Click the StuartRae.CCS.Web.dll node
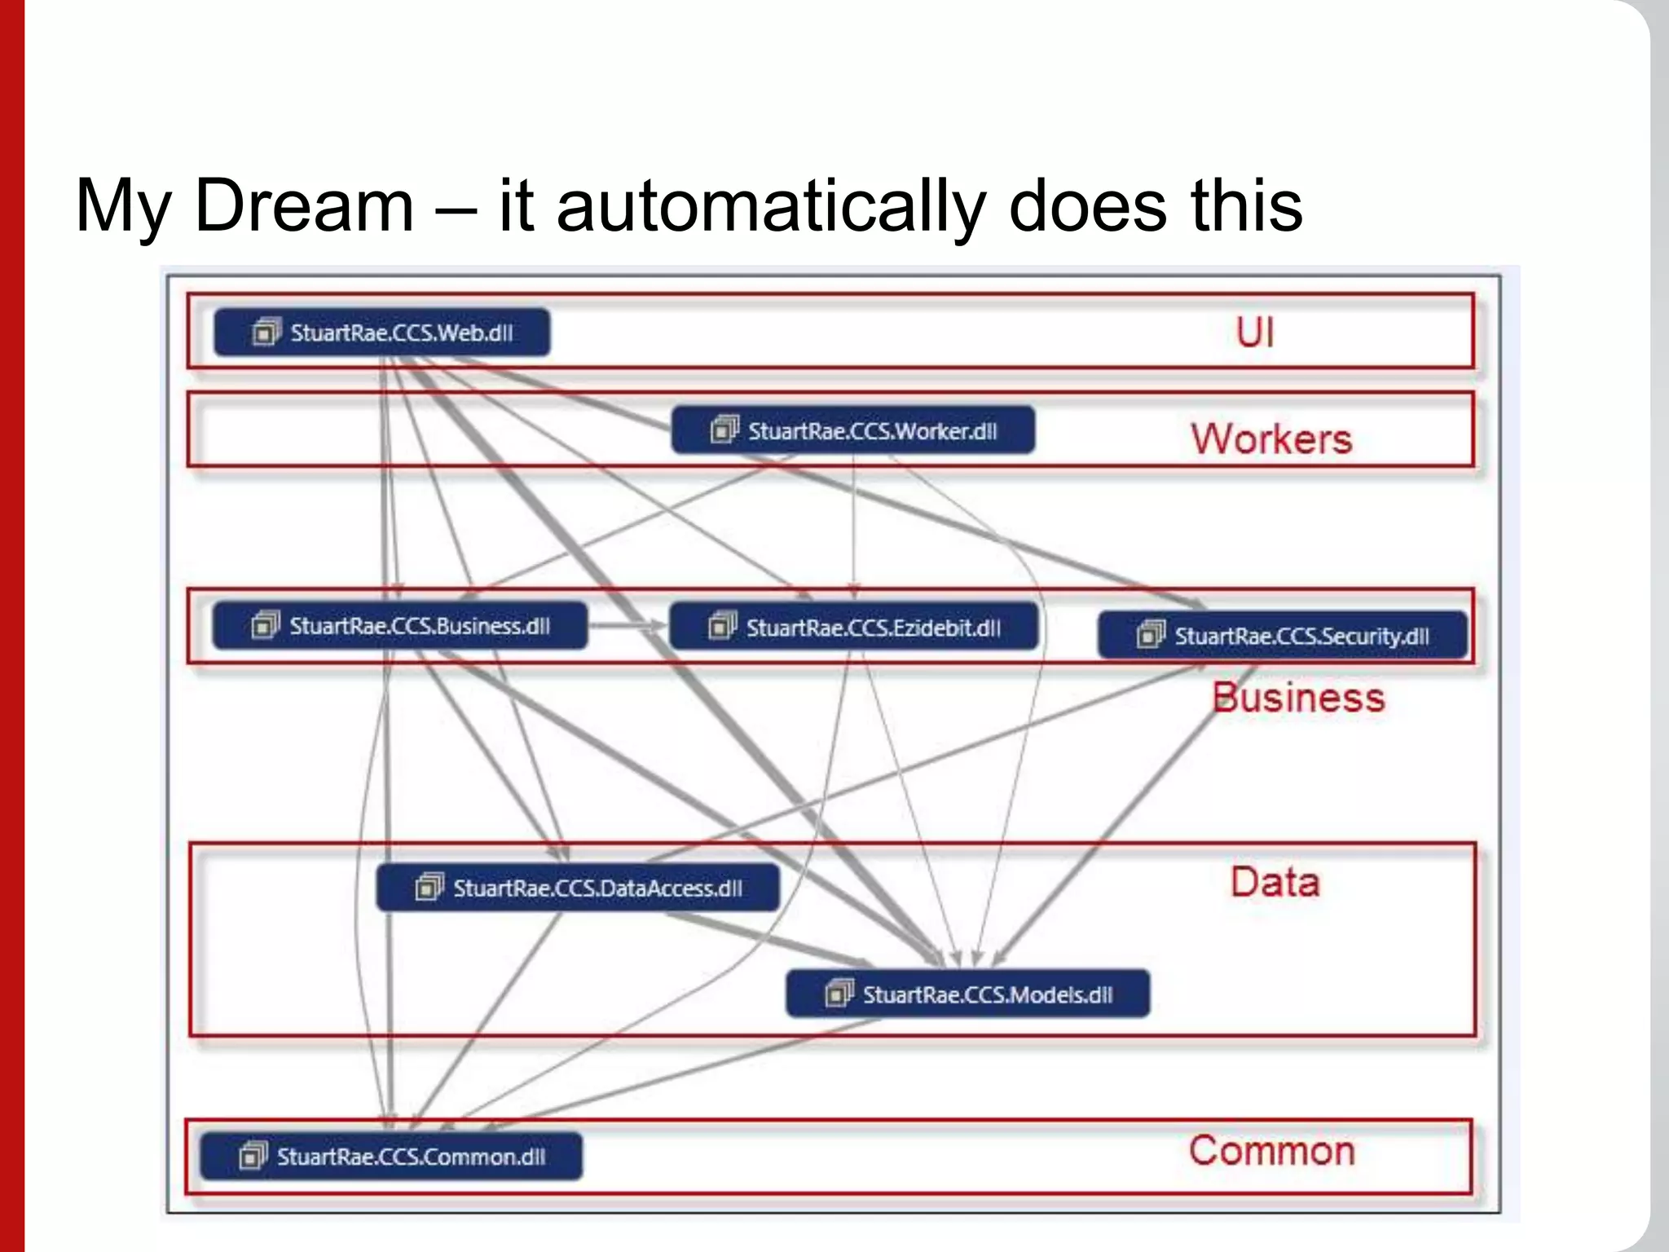point(381,333)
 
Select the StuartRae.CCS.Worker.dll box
point(852,430)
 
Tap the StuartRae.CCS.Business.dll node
point(399,626)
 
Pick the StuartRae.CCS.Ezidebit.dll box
point(853,627)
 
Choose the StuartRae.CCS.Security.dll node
point(1282,636)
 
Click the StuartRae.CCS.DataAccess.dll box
point(577,888)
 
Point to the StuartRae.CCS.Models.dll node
point(967,994)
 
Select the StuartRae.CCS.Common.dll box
point(391,1156)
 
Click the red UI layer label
point(1254,333)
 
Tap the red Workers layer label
point(1271,439)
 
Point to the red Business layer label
point(1298,698)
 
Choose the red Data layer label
point(1275,882)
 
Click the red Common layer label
point(1271,1150)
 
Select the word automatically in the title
point(771,207)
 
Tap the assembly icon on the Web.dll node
point(266,332)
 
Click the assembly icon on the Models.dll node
point(839,994)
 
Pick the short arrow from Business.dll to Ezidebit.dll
point(627,626)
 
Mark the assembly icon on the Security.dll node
point(1150,634)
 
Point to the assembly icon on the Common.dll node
point(252,1155)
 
